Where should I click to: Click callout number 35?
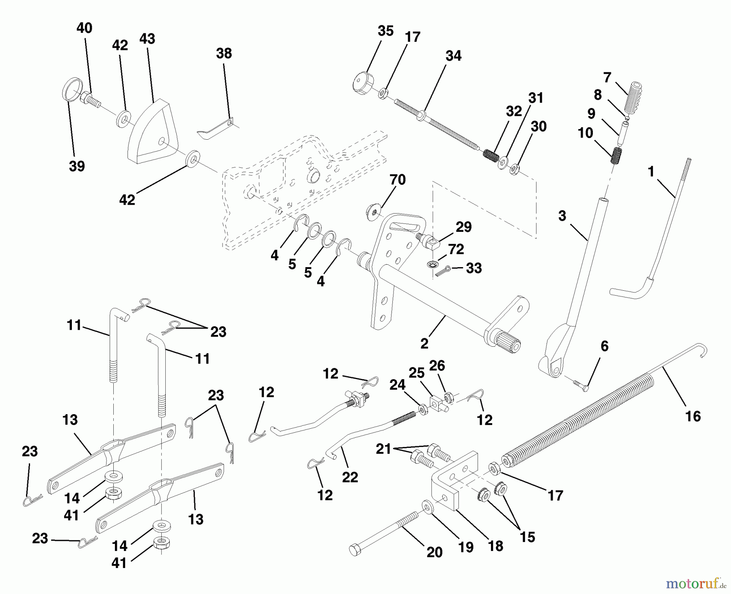[x=385, y=31]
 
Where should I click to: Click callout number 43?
[x=147, y=39]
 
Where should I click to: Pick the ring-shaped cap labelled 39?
[x=73, y=89]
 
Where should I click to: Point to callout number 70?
[x=397, y=179]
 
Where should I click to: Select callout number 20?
[x=434, y=553]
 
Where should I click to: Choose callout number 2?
[x=424, y=343]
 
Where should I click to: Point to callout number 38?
[x=224, y=53]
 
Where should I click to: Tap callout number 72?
[x=456, y=249]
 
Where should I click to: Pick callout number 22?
[x=350, y=477]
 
